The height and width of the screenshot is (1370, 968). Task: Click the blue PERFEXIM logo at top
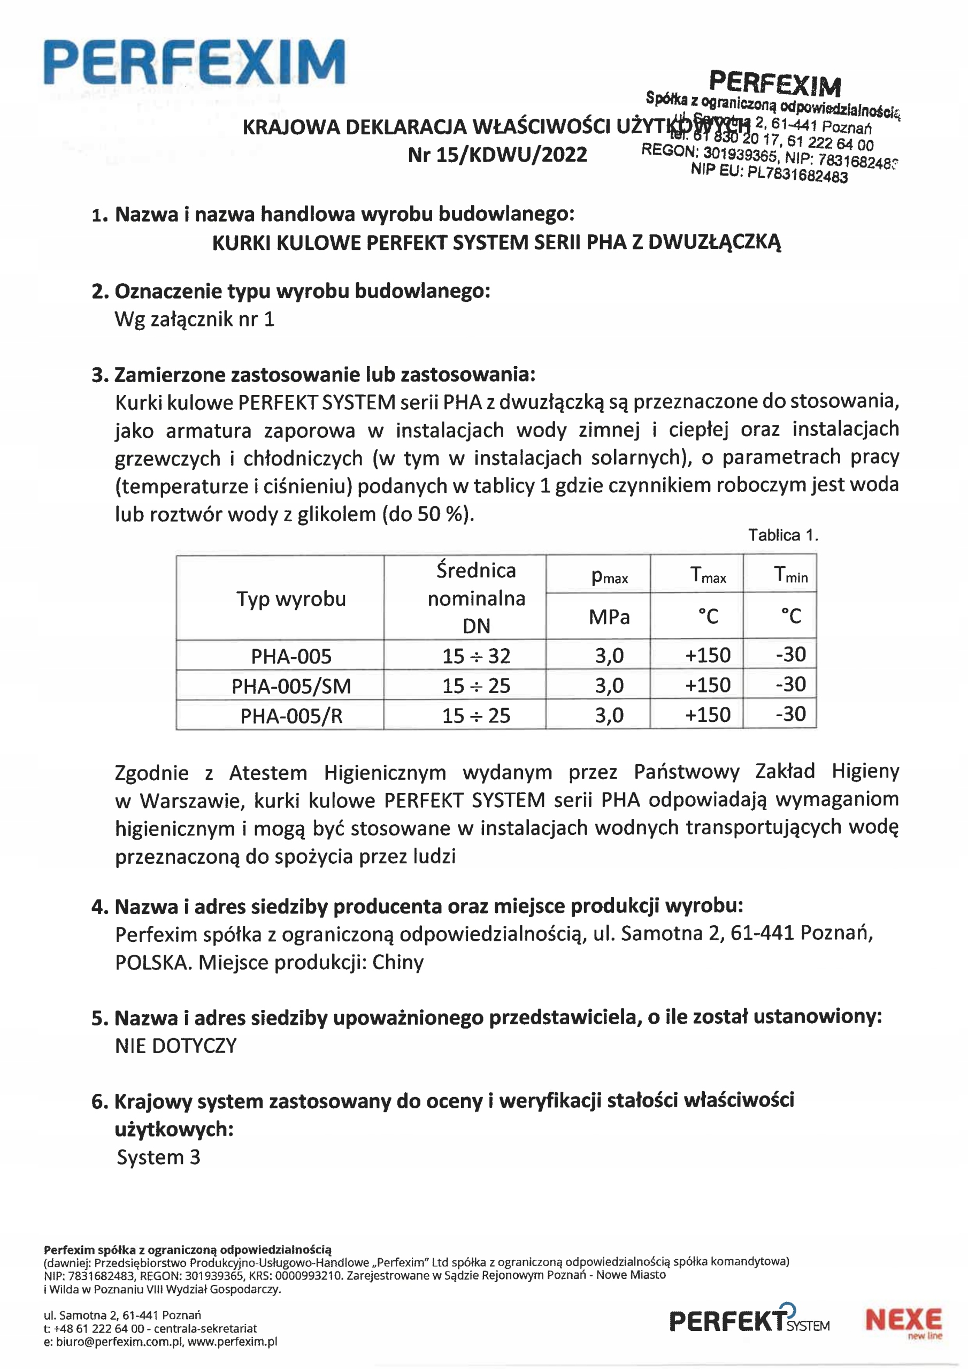click(195, 62)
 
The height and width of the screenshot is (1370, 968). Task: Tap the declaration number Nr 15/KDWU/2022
click(497, 155)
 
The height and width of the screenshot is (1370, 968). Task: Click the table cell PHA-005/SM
click(291, 686)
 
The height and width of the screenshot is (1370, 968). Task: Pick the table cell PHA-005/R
click(291, 716)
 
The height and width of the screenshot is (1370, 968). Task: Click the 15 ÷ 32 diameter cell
click(476, 656)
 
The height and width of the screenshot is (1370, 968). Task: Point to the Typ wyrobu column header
click(291, 598)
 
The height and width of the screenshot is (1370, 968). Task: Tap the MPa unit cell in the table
click(609, 616)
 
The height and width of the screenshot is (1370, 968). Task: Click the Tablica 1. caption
click(782, 535)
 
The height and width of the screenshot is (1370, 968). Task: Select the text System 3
click(158, 1157)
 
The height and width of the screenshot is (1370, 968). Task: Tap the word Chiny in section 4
click(397, 962)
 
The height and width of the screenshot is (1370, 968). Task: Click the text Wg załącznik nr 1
click(195, 319)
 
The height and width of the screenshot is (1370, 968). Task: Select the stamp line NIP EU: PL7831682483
click(769, 173)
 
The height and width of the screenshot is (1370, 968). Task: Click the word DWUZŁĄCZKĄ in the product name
click(714, 242)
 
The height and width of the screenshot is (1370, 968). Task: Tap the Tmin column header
click(790, 575)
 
